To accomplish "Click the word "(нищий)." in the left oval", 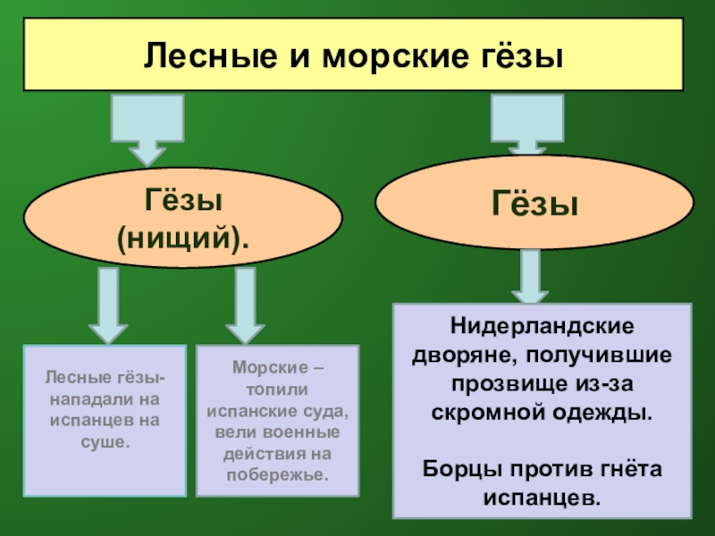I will pyautogui.click(x=183, y=239).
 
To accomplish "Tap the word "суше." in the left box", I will pyautogui.click(x=105, y=442).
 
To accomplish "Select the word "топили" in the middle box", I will pyautogui.click(x=277, y=389).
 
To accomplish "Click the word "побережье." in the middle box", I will pyautogui.click(x=277, y=473).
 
